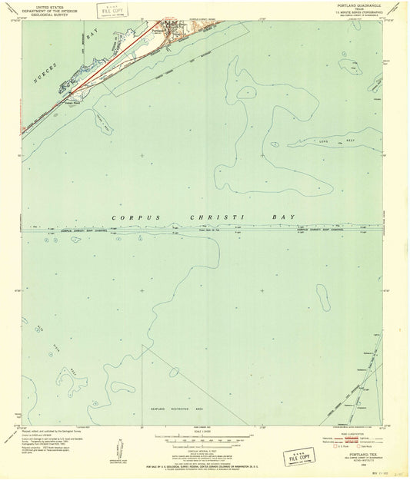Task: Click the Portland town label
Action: pyautogui.click(x=158, y=30)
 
